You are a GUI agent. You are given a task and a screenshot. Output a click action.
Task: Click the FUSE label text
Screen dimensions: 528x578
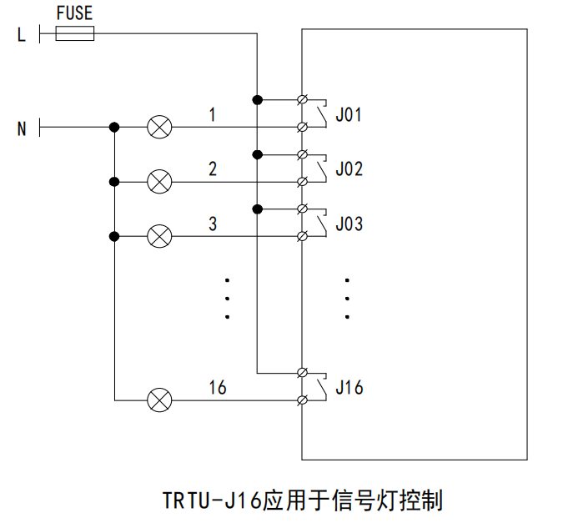(x=73, y=13)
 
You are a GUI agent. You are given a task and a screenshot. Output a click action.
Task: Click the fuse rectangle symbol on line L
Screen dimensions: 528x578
(x=74, y=33)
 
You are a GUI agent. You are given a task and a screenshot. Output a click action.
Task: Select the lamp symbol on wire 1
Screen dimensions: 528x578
(x=159, y=128)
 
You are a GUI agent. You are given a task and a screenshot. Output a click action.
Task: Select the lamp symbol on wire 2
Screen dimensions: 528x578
(x=159, y=181)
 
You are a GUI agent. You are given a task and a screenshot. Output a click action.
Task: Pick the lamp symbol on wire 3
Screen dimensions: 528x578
(x=159, y=236)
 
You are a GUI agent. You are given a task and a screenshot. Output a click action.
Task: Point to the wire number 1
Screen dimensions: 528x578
(x=213, y=114)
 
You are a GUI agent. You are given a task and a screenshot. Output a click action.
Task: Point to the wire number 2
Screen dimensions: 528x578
(x=213, y=168)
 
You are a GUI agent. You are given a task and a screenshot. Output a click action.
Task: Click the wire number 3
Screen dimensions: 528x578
(x=213, y=224)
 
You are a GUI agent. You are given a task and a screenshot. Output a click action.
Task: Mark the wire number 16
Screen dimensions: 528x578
(x=217, y=387)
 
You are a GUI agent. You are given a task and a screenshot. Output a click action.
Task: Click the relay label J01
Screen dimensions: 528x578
(x=349, y=114)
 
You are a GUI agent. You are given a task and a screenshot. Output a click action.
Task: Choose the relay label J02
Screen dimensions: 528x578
(x=349, y=168)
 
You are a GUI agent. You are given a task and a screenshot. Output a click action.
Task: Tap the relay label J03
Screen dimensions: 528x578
(x=349, y=224)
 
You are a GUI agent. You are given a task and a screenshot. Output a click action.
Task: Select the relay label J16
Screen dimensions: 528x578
(x=349, y=387)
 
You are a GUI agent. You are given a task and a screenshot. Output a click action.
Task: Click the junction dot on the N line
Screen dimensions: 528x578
(x=114, y=128)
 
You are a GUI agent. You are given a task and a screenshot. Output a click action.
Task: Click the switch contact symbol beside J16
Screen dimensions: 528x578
(x=320, y=386)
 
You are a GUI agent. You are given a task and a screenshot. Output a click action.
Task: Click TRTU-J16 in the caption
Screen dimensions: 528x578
(x=212, y=500)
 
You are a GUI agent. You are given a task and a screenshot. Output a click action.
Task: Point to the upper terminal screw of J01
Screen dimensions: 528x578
(x=304, y=100)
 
